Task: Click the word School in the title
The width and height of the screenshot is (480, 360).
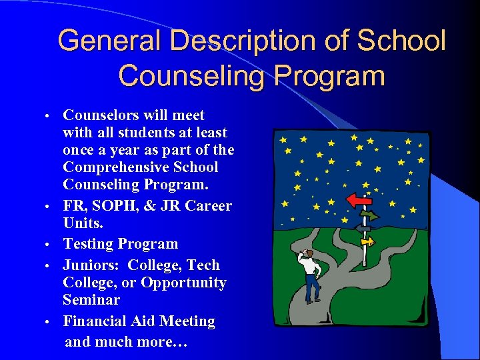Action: click(402, 41)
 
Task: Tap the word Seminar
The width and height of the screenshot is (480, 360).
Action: click(91, 300)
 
